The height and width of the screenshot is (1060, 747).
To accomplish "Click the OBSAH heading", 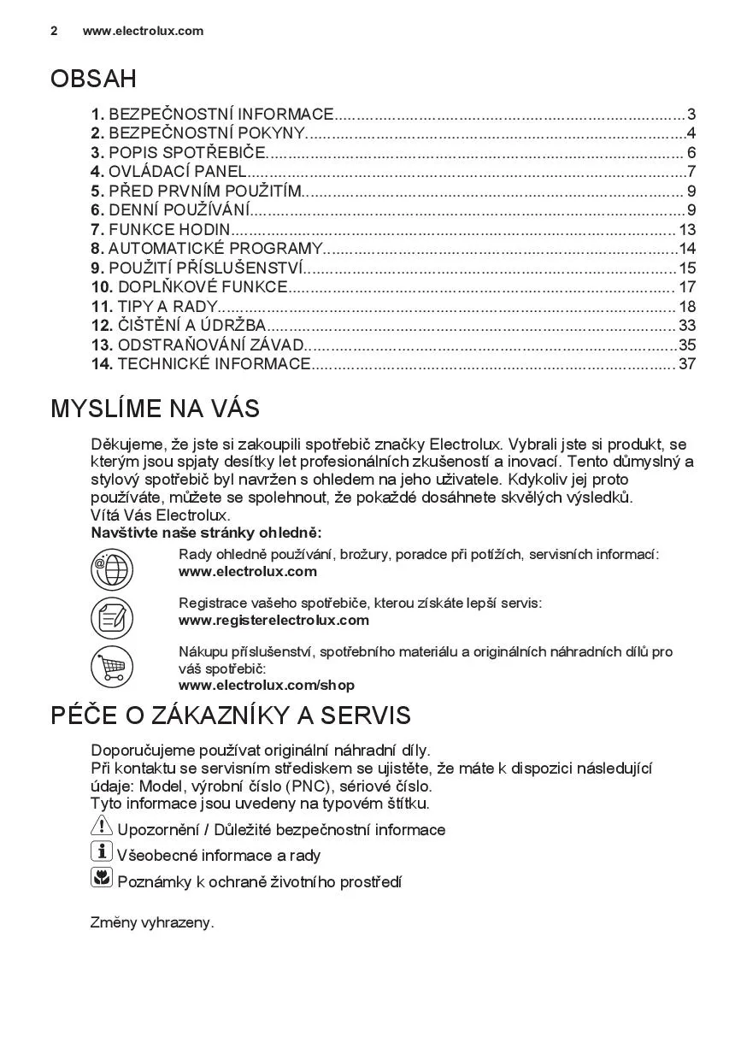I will [93, 79].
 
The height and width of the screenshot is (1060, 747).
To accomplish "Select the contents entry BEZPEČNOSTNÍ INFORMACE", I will [221, 115].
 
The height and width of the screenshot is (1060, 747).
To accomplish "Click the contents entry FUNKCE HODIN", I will [169, 229].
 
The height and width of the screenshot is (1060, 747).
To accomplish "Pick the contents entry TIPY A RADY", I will [162, 306].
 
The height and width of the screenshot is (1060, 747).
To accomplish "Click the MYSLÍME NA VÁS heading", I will [155, 409].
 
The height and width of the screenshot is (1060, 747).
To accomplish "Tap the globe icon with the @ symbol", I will [112, 569].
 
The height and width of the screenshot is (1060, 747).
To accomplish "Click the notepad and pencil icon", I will [112, 618].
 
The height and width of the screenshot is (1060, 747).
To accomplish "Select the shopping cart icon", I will [112, 667].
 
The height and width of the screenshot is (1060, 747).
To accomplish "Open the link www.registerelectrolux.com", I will [274, 620].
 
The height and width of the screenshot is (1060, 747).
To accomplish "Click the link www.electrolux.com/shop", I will [266, 685].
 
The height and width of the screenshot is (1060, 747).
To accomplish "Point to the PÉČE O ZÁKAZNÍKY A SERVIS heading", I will [231, 715].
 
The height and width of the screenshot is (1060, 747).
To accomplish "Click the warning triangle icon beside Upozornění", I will [101, 827].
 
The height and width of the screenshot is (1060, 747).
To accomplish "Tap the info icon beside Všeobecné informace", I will [101, 851].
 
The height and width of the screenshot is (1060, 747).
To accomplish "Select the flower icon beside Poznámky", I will [101, 877].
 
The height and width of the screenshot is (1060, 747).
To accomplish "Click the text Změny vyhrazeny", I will [152, 922].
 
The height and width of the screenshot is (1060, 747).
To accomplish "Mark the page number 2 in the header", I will [54, 31].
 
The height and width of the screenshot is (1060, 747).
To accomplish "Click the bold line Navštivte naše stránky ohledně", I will [206, 533].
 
